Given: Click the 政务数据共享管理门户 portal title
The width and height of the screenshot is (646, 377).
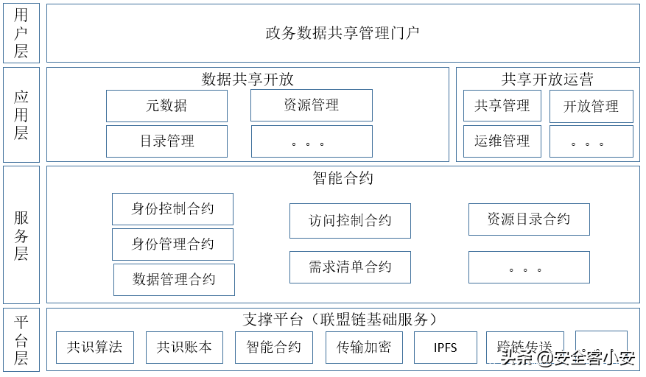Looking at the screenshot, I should (x=343, y=33).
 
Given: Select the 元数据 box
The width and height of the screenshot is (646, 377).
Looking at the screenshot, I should (x=166, y=106).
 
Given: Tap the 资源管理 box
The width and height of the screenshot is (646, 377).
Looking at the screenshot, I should (x=311, y=105).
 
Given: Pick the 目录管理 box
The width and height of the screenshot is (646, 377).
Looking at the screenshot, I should (x=166, y=141).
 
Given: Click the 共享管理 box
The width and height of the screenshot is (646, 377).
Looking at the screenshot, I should (x=502, y=106).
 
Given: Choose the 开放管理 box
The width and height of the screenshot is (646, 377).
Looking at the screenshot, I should (x=591, y=106).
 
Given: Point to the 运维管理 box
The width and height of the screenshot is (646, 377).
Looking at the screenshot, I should (x=502, y=141).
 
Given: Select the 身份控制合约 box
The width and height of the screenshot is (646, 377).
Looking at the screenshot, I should (x=172, y=209).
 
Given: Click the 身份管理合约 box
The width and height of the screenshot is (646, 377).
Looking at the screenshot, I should (x=172, y=244).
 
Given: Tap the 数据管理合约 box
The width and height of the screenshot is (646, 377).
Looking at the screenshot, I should (x=174, y=280).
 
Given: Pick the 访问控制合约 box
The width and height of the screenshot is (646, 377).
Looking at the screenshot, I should (x=350, y=221).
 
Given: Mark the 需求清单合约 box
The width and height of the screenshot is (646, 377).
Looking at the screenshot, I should (x=350, y=267).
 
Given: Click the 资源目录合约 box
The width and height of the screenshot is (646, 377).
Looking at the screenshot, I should (x=529, y=219).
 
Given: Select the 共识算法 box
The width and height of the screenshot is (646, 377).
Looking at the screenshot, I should (x=95, y=348).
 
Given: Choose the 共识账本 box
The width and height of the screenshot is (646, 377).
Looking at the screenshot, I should (x=184, y=348).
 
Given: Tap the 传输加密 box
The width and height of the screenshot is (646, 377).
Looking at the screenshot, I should (x=364, y=348).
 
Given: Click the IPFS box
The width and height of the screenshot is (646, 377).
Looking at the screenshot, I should (x=445, y=348).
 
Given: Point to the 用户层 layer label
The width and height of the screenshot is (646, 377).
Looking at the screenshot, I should (x=21, y=33).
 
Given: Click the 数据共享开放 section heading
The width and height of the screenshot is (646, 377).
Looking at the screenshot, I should (x=247, y=80).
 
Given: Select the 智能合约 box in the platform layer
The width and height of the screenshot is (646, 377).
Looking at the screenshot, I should (x=274, y=348).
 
